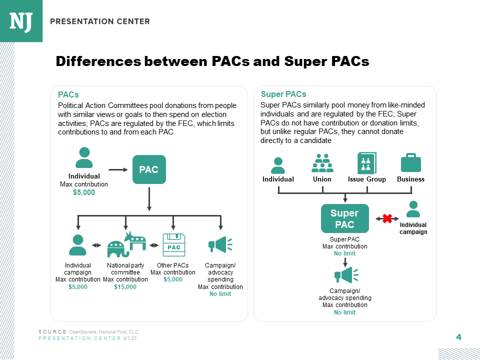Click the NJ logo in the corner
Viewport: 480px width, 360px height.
(x=21, y=21)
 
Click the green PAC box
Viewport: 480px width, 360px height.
(x=148, y=169)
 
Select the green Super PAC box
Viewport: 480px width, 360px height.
(x=344, y=218)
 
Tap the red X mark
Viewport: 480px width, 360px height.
(x=386, y=218)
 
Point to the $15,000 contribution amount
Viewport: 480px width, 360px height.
(x=125, y=287)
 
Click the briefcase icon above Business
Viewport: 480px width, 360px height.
(x=410, y=162)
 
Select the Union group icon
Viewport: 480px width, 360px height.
(x=322, y=162)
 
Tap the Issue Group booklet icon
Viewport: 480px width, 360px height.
(x=367, y=163)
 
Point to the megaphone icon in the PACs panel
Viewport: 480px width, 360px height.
(x=220, y=244)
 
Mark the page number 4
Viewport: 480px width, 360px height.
(x=458, y=337)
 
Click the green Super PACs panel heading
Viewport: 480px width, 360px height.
(x=283, y=94)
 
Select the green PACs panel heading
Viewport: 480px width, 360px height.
(x=68, y=94)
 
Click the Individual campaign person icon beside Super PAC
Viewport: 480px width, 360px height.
(x=413, y=209)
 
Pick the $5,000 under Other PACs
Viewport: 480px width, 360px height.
(x=173, y=279)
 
